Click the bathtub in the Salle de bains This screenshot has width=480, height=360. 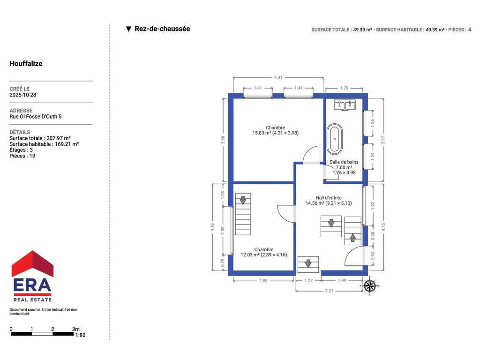(x=335, y=139)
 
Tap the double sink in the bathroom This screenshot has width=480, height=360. (x=345, y=105)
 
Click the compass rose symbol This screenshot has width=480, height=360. (x=370, y=286)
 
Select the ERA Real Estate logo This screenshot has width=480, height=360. (x=32, y=276)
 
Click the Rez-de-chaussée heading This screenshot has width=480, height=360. (x=162, y=29)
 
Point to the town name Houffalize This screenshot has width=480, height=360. (x=26, y=64)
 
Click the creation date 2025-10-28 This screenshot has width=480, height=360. (x=23, y=95)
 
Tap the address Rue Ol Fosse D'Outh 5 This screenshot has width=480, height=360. (x=36, y=117)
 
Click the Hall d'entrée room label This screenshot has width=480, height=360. (x=329, y=198)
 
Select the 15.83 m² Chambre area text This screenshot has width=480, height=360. (x=276, y=133)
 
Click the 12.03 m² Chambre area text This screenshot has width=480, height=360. (x=264, y=255)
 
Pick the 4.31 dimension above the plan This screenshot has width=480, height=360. (x=278, y=77)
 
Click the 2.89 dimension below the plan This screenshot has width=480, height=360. (x=263, y=280)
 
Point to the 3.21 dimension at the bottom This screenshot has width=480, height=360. (x=329, y=291)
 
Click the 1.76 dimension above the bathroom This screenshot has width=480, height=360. (x=344, y=88)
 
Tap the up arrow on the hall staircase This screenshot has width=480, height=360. (x=352, y=238)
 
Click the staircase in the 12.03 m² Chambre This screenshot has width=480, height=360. (x=243, y=214)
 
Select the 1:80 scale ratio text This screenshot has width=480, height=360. (x=81, y=335)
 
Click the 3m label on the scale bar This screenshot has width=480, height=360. (x=75, y=329)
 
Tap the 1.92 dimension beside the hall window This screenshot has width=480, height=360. (x=373, y=205)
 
